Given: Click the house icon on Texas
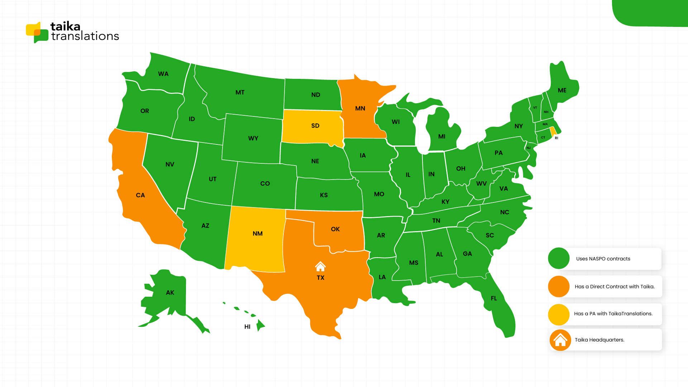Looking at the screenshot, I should [x=320, y=266].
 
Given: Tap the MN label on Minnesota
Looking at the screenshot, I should [x=360, y=108].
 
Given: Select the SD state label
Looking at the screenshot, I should [x=315, y=126].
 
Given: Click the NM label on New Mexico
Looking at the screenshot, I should [x=258, y=234].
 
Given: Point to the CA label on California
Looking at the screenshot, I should [x=140, y=195].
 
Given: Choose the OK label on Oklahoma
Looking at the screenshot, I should [x=335, y=229].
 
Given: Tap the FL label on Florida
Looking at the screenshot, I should [x=494, y=298].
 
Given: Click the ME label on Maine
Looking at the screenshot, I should [x=562, y=90].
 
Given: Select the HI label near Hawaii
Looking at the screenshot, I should [x=247, y=327].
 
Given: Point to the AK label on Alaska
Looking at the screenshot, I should [x=170, y=293].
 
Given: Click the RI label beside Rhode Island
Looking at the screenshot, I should [x=556, y=138].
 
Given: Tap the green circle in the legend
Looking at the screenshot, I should [x=559, y=258].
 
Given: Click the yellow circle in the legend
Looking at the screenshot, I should [x=559, y=314].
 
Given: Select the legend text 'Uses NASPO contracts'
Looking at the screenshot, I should [x=603, y=259].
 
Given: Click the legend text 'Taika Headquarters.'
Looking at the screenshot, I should [x=599, y=340].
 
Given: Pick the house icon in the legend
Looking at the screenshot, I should [x=560, y=340].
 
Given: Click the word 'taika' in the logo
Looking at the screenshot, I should [x=65, y=26].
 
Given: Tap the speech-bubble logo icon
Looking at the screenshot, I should [x=37, y=32].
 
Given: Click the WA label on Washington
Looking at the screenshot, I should [x=163, y=74].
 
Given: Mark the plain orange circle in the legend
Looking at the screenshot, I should [x=559, y=286].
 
